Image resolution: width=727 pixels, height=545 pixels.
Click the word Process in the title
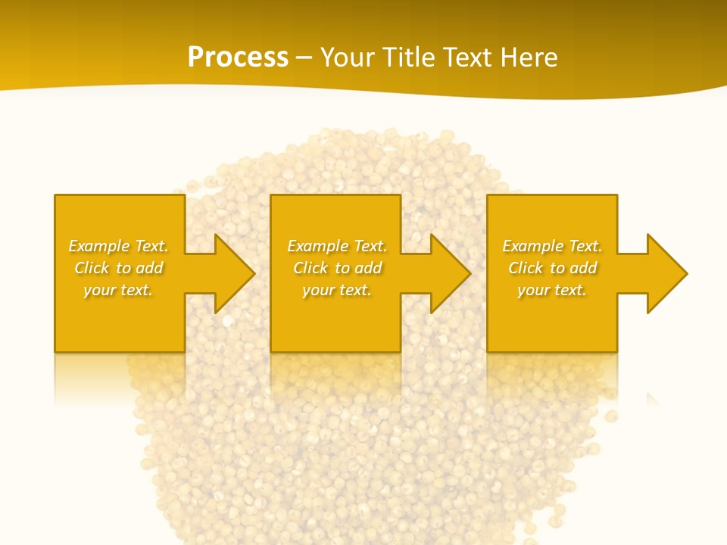click(x=238, y=58)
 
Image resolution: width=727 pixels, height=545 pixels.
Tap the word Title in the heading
click(x=409, y=58)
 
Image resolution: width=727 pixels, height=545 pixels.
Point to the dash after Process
click(x=304, y=58)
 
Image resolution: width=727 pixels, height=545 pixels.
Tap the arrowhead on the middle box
click(x=450, y=273)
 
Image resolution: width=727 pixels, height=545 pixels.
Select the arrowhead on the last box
click(x=666, y=273)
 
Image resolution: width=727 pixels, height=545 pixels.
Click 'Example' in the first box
click(x=99, y=246)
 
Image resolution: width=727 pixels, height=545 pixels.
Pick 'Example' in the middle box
click(x=318, y=246)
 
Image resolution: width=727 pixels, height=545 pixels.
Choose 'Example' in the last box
click(x=533, y=246)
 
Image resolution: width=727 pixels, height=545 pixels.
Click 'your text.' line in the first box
click(x=118, y=290)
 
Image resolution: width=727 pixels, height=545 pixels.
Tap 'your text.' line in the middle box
click(x=337, y=290)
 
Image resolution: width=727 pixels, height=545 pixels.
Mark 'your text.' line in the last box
click(x=552, y=290)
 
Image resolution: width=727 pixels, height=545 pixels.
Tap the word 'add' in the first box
click(x=149, y=268)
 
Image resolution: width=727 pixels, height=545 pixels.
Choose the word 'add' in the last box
click(x=583, y=268)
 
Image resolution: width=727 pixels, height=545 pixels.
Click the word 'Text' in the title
click(x=470, y=58)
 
